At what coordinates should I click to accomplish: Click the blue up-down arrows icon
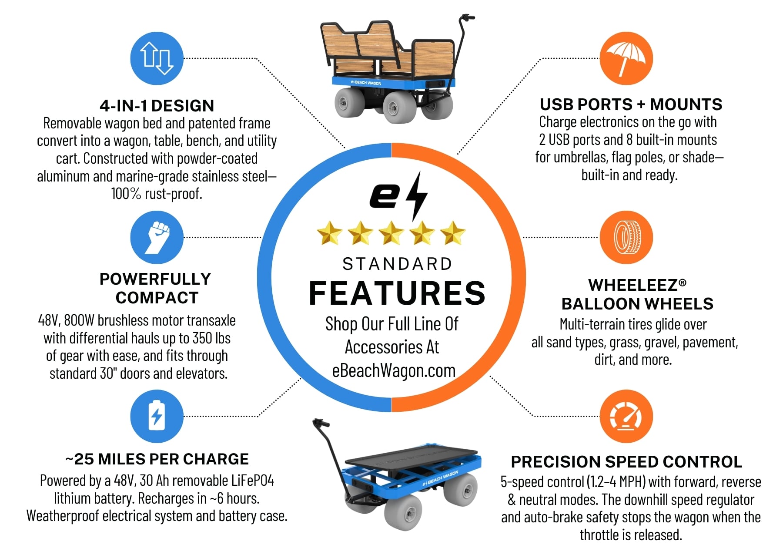pyautogui.click(x=157, y=58)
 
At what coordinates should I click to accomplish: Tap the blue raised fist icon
pyautogui.click(x=157, y=237)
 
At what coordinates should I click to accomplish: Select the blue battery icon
pyautogui.click(x=157, y=416)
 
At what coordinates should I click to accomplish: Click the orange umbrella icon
pyautogui.click(x=626, y=58)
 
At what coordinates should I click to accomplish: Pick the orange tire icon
pyautogui.click(x=626, y=237)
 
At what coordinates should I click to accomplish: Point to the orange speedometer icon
pyautogui.click(x=626, y=416)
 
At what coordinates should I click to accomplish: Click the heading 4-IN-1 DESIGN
pyautogui.click(x=157, y=106)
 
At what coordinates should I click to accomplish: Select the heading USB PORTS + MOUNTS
pyautogui.click(x=631, y=104)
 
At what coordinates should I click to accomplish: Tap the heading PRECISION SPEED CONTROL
pyautogui.click(x=626, y=461)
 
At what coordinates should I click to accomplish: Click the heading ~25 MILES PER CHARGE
pyautogui.click(x=157, y=459)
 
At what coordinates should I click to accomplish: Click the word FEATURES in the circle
pyautogui.click(x=397, y=293)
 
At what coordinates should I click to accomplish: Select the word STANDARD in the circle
pyautogui.click(x=397, y=264)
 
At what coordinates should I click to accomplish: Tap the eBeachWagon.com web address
pyautogui.click(x=394, y=370)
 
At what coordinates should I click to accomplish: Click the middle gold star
pyautogui.click(x=391, y=233)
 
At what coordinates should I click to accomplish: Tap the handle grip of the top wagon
pyautogui.click(x=468, y=18)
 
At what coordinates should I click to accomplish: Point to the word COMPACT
pyautogui.click(x=157, y=298)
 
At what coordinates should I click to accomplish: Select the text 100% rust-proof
pyautogui.click(x=157, y=194)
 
